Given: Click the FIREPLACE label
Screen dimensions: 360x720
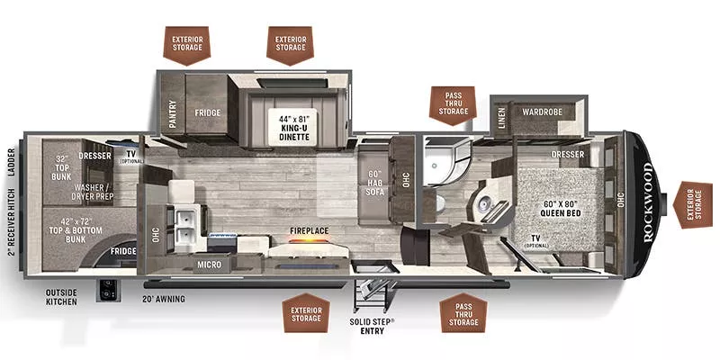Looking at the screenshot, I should point(309,231).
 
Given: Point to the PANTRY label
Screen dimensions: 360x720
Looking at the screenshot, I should point(171,114).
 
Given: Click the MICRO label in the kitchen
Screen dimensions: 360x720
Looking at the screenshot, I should point(210,265).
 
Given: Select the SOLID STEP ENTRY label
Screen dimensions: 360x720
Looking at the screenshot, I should point(372,326).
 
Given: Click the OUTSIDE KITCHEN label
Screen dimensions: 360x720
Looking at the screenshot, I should point(62,296).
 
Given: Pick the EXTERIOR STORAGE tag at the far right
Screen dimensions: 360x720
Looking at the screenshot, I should point(694,204).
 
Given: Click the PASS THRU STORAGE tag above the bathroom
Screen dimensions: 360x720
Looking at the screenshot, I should point(454,105).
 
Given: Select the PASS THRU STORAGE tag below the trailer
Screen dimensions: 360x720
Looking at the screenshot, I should point(464,311).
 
